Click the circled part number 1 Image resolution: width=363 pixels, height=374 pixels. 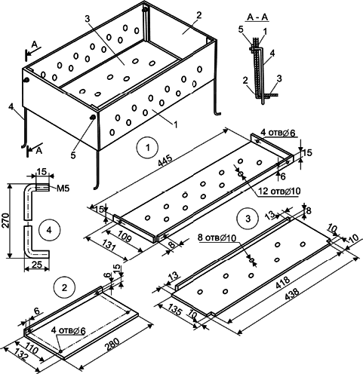pyautogui.click(x=148, y=147)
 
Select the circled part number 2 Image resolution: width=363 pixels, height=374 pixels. pyautogui.click(x=65, y=288)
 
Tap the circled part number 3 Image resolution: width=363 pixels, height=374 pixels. pyautogui.click(x=248, y=219)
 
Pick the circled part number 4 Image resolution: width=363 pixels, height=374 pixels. pyautogui.click(x=49, y=230)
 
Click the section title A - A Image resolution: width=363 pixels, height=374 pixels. pyautogui.click(x=257, y=17)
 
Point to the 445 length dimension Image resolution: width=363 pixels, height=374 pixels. pyautogui.click(x=165, y=161)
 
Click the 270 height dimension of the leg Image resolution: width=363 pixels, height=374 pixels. pyautogui.click(x=5, y=220)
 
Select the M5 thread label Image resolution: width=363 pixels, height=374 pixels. pyautogui.click(x=62, y=189)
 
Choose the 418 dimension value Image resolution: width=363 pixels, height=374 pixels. pyautogui.click(x=283, y=282)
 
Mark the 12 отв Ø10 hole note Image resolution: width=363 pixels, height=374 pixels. pyautogui.click(x=278, y=192)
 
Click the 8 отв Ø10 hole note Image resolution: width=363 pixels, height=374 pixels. pyautogui.click(x=217, y=238)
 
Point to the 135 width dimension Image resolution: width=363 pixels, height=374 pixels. pyautogui.click(x=175, y=309)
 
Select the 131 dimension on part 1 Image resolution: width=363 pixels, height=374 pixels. pyautogui.click(x=109, y=245)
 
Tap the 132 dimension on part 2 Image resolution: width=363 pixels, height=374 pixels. pyautogui.click(x=20, y=354)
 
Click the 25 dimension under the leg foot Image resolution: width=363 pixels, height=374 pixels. pyautogui.click(x=37, y=264)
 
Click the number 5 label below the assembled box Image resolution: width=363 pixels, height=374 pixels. pyautogui.click(x=73, y=155)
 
